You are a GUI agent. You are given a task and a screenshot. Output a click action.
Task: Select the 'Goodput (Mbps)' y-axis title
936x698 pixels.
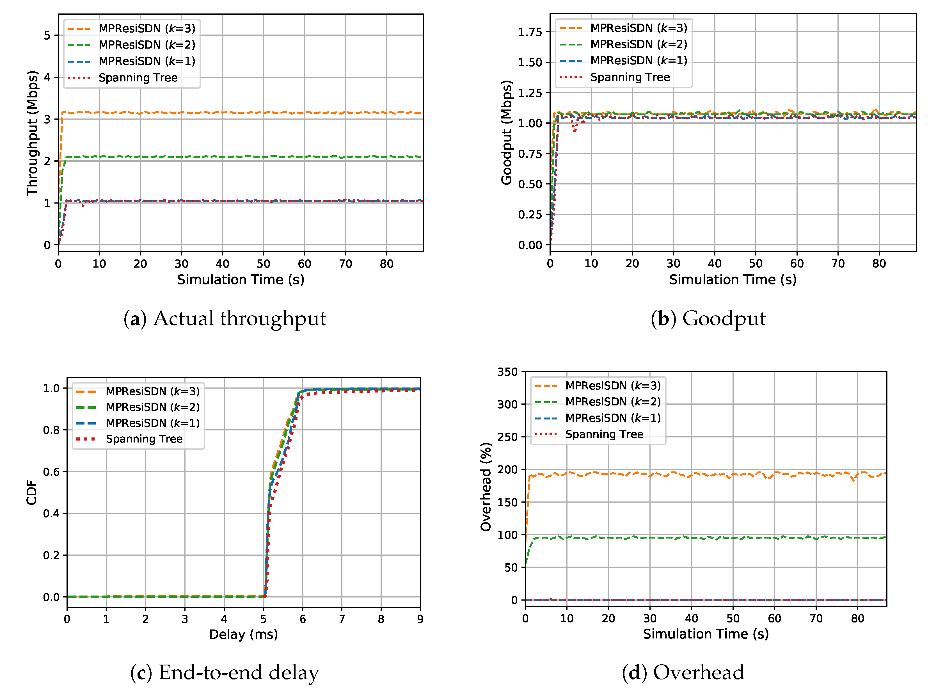[x=506, y=132]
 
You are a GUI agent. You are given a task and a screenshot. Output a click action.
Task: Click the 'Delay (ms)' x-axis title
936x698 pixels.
[x=243, y=634]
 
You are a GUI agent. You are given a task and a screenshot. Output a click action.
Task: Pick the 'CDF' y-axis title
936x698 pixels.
[x=32, y=492]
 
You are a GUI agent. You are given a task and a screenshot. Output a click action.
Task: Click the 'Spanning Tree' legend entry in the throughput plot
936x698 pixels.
[x=138, y=78]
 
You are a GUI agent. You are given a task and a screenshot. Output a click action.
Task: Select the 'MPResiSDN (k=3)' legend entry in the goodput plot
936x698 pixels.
[x=638, y=28]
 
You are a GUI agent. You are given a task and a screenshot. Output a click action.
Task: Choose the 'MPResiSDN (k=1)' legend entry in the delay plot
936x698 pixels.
[x=152, y=423]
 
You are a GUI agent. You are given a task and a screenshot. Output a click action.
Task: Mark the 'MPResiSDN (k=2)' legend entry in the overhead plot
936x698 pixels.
[x=613, y=402]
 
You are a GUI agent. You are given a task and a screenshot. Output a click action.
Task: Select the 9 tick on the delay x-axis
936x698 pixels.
[x=420, y=619]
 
